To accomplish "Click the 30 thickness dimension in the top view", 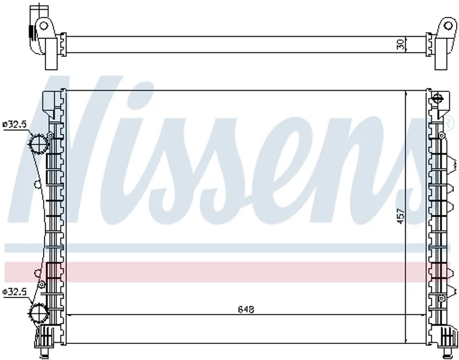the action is [x=401, y=44].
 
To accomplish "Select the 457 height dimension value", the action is [x=400, y=216].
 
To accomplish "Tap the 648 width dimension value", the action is [x=246, y=309].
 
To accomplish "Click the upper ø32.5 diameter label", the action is [x=15, y=124].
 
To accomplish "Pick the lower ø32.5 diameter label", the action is [x=15, y=292].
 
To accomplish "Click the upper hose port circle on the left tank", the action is [x=38, y=144].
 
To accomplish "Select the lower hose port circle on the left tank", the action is [x=38, y=313].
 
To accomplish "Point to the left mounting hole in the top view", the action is [x=44, y=26].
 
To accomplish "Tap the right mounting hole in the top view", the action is [x=448, y=26].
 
